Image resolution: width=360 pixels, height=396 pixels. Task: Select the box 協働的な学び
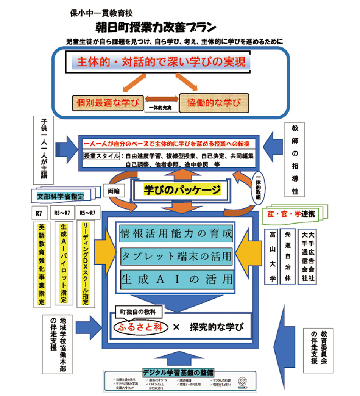click(214, 103)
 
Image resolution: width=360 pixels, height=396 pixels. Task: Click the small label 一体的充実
click(161, 108)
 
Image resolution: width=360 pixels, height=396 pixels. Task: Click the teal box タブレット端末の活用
click(176, 257)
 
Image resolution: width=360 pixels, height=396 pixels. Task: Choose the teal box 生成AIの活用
click(176, 279)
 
